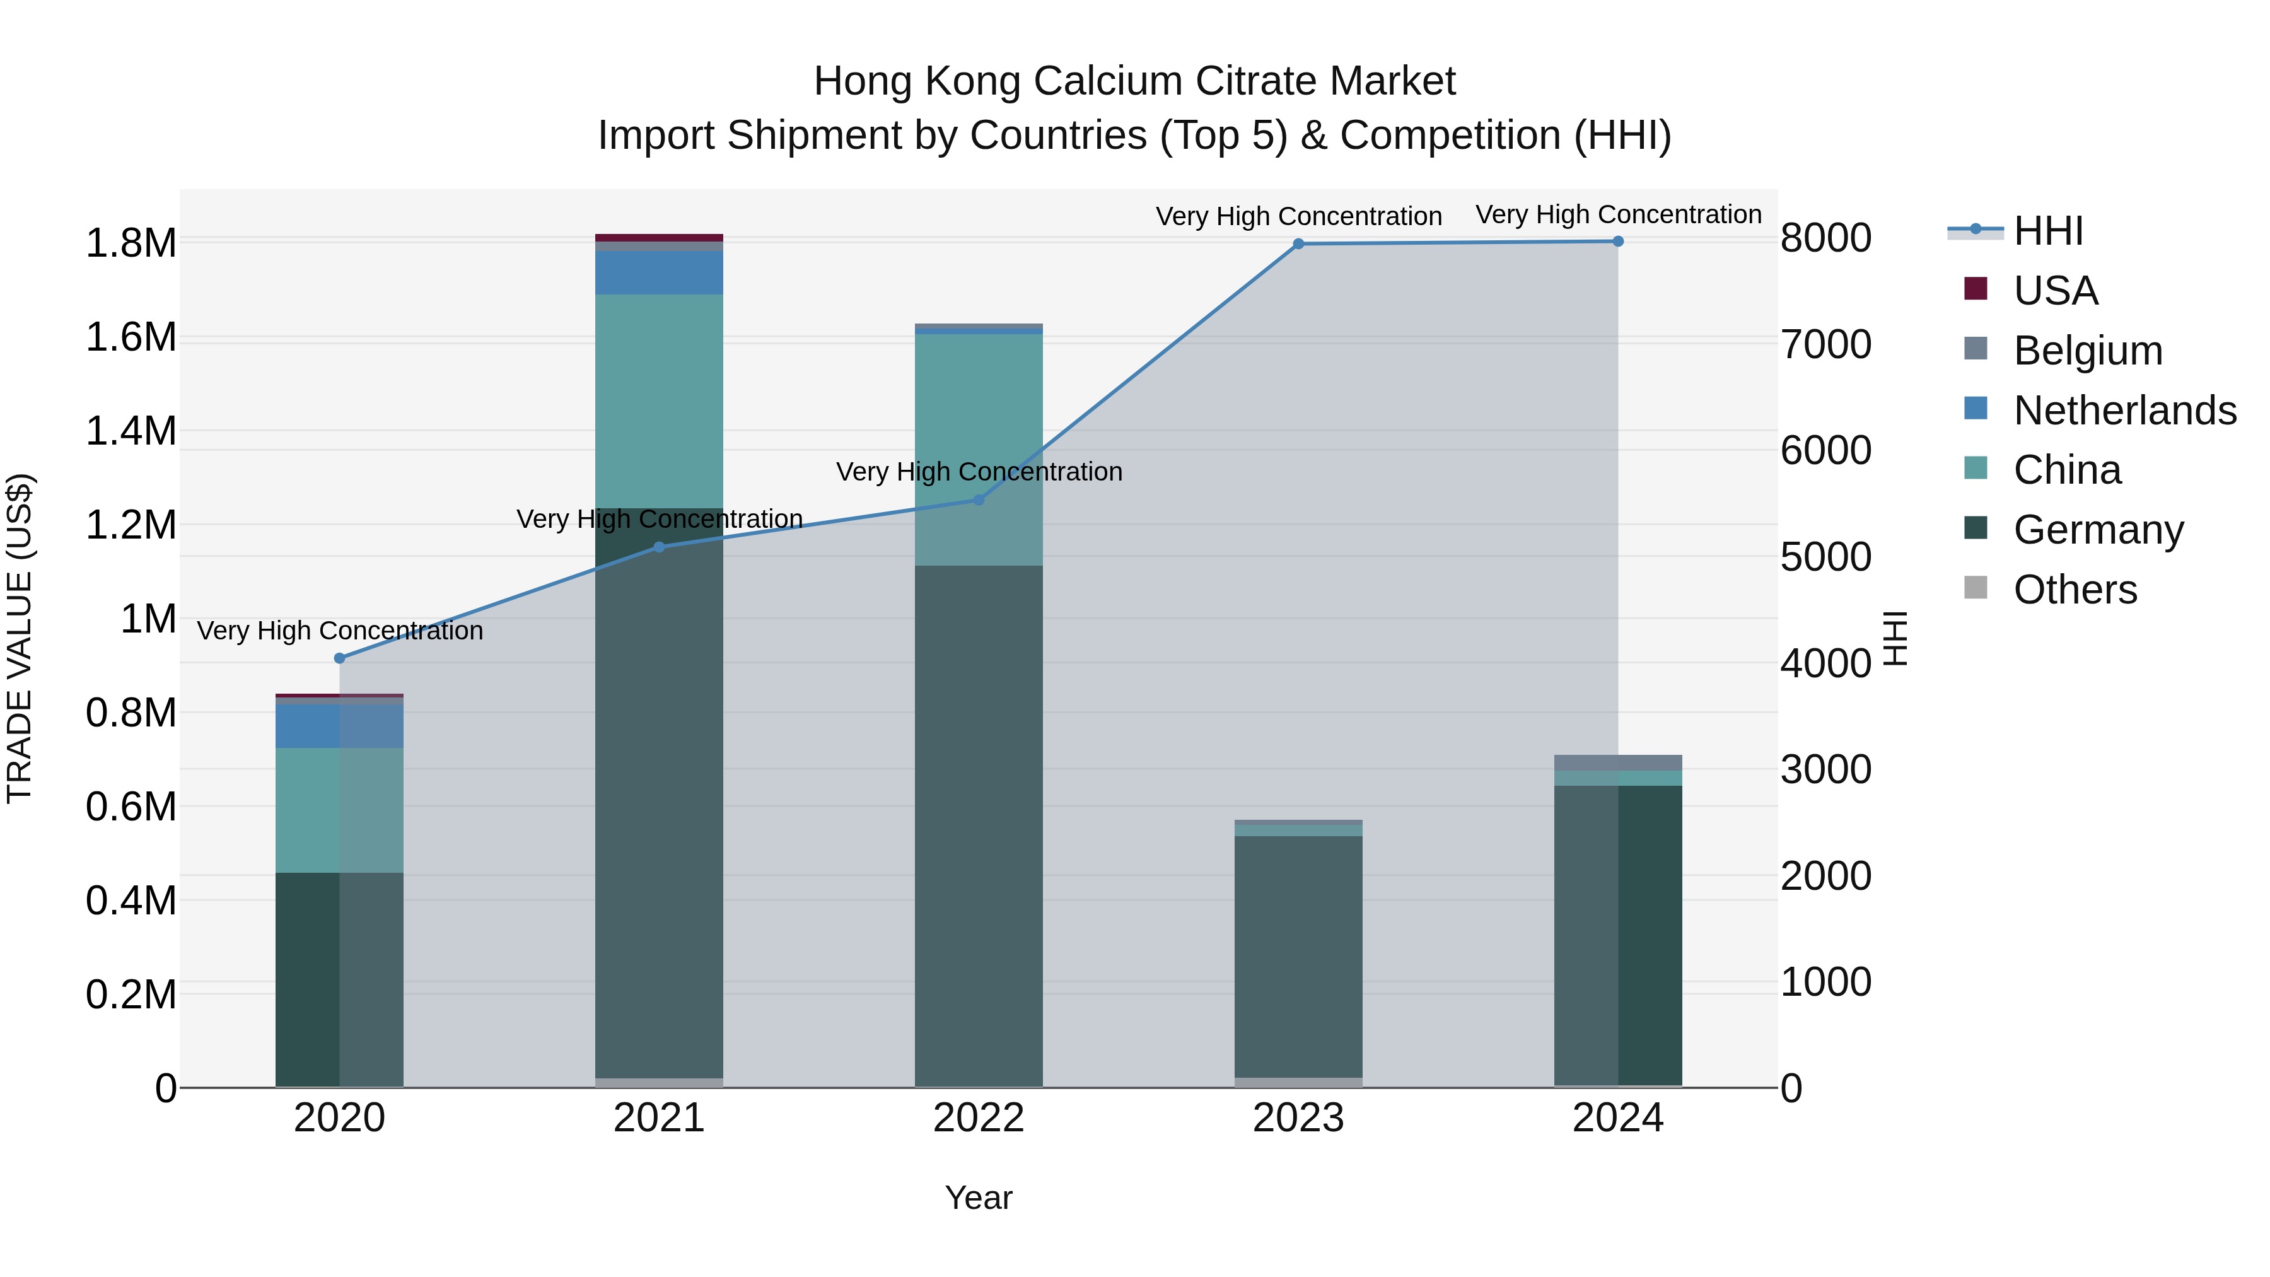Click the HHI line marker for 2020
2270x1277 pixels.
pyautogui.click(x=339, y=658)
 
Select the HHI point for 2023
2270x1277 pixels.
pyautogui.click(x=1298, y=244)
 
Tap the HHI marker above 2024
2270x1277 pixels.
pyautogui.click(x=1618, y=242)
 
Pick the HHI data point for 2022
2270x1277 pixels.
pyautogui.click(x=978, y=499)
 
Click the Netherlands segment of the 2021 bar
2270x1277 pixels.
pyautogui.click(x=659, y=272)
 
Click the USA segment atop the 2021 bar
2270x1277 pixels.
pyautogui.click(x=659, y=238)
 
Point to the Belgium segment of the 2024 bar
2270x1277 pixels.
pyautogui.click(x=1618, y=762)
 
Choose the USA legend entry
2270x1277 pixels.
pyautogui.click(x=2055, y=291)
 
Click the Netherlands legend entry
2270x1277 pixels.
pyautogui.click(x=2124, y=411)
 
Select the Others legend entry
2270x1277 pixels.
pyautogui.click(x=2075, y=590)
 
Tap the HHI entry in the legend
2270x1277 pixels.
pyautogui.click(x=2048, y=231)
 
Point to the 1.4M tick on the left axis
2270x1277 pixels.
pyautogui.click(x=131, y=432)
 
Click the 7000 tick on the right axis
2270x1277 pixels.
pyautogui.click(x=1826, y=344)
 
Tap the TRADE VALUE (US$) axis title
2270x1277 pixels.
pyautogui.click(x=20, y=638)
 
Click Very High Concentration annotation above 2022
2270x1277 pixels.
pyautogui.click(x=978, y=472)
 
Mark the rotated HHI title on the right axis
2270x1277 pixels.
pyautogui.click(x=1895, y=638)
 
